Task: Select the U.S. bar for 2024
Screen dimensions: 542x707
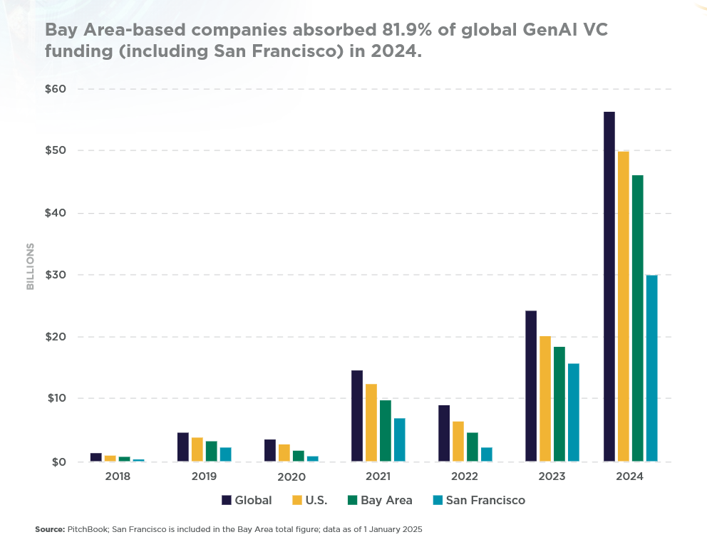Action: (x=624, y=306)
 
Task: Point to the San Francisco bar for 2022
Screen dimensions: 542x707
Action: (x=487, y=454)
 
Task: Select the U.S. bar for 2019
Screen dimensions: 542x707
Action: (x=197, y=449)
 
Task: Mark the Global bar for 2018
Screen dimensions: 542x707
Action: (x=96, y=457)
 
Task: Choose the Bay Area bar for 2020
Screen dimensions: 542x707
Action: (x=299, y=456)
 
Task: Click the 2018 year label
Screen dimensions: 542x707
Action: (x=117, y=476)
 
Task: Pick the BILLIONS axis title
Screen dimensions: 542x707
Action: (x=31, y=266)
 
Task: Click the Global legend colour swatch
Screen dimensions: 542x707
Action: (x=227, y=500)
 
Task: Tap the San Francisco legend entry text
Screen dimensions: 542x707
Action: (x=485, y=500)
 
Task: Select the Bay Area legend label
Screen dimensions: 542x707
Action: (x=386, y=500)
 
